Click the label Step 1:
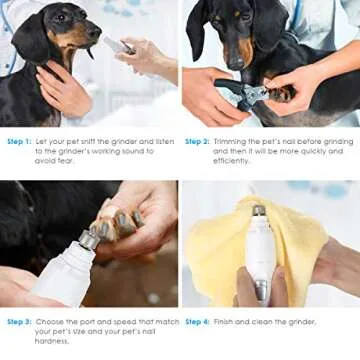[x=19, y=141]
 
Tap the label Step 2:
[x=197, y=141]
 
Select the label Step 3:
[x=19, y=321]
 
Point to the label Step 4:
[x=197, y=321]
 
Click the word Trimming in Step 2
[x=230, y=141]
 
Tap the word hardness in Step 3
[x=51, y=340]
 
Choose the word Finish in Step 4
[x=226, y=321]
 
